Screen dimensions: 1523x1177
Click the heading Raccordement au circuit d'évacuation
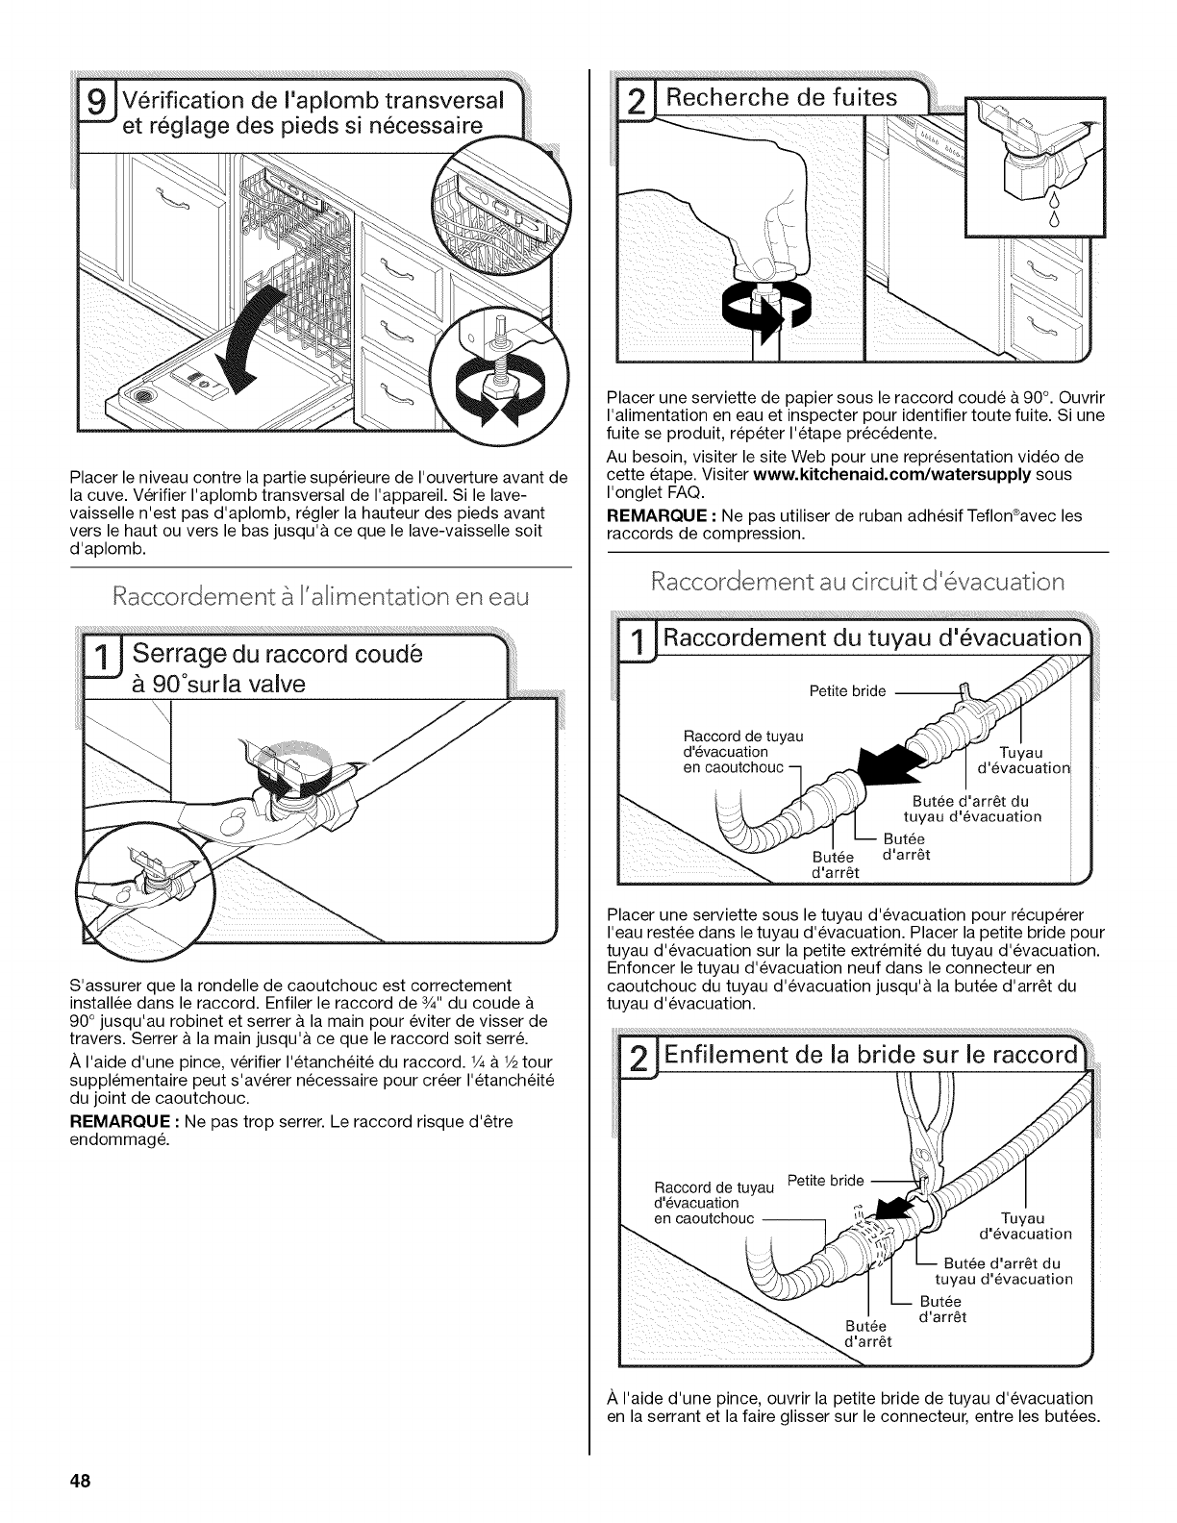pos(858,582)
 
